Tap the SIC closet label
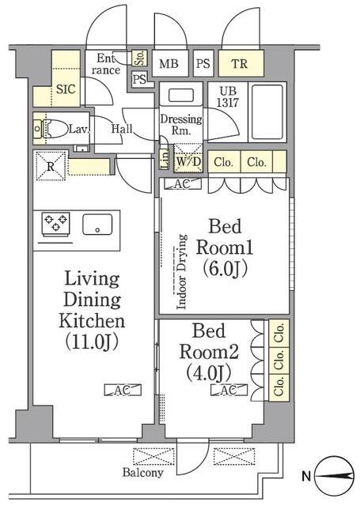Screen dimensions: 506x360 point(65,89)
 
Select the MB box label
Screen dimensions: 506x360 point(168,64)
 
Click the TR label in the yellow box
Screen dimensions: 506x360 point(237,64)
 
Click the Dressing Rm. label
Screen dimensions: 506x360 point(181,125)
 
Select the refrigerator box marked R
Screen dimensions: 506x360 point(51,167)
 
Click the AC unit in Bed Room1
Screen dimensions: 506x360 point(182,184)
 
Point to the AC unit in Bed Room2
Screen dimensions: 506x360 point(230,391)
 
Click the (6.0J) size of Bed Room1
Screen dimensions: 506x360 point(227,269)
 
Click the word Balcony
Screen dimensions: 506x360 point(142,473)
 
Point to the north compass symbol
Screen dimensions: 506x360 point(335,477)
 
